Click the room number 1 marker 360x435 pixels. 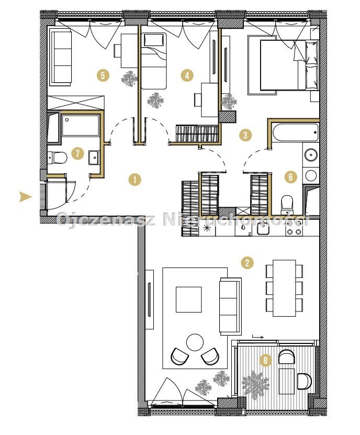(135, 180)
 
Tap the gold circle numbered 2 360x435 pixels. (247, 262)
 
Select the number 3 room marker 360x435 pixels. (245, 136)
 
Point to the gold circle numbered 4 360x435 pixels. (187, 75)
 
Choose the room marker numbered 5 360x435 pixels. (103, 75)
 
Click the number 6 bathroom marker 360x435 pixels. (290, 177)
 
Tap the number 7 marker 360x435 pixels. (77, 153)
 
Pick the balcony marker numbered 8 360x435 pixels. (266, 360)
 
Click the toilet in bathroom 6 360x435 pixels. (287, 205)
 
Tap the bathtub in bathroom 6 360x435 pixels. (295, 132)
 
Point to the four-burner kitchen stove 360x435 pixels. (294, 228)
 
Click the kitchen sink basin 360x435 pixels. (263, 229)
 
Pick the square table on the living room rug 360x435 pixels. (188, 299)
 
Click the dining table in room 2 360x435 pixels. (284, 288)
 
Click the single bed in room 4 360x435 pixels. (154, 61)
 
